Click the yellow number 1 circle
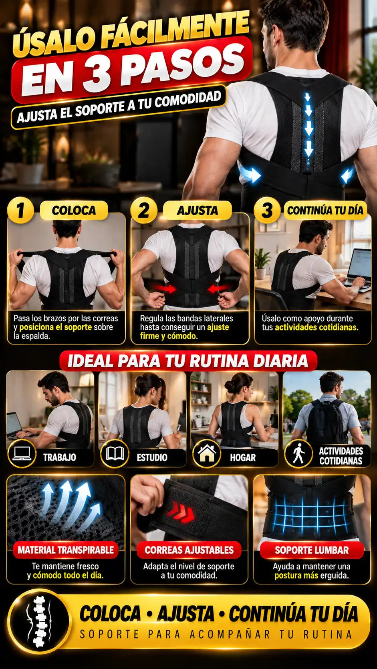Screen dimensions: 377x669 tap(20, 210)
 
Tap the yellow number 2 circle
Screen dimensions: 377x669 tap(144, 210)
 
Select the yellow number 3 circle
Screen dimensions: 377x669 tap(267, 210)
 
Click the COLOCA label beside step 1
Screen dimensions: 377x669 tap(74, 210)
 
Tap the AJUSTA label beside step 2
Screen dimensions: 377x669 tap(198, 210)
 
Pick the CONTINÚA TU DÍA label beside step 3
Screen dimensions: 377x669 tap(325, 210)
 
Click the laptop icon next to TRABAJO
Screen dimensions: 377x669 tap(22, 453)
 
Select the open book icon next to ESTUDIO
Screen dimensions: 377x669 tap(115, 453)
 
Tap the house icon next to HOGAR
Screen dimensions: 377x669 tap(207, 453)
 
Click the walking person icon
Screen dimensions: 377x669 tap(298, 453)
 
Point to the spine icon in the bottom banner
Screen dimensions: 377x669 tap(38, 621)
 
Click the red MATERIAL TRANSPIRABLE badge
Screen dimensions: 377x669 tap(66, 550)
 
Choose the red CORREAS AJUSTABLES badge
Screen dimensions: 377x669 tap(189, 550)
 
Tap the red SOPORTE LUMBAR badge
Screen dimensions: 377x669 tap(312, 550)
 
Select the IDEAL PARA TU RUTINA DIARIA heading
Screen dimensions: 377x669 tap(188, 361)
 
